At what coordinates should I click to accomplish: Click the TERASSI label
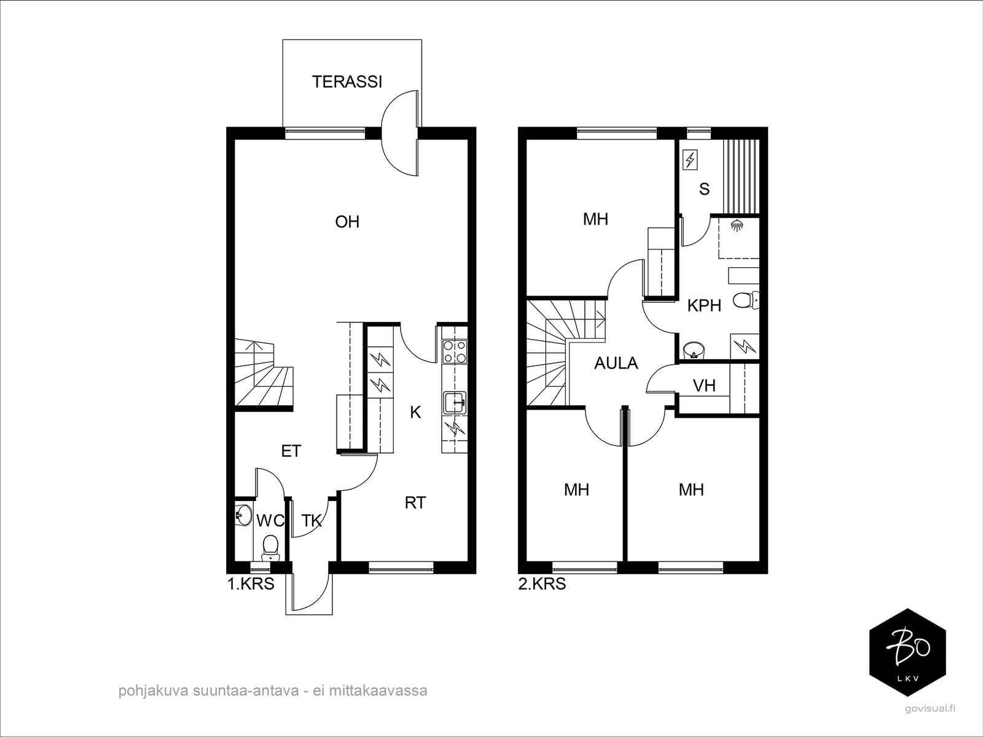(347, 82)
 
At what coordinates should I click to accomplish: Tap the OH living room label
(347, 222)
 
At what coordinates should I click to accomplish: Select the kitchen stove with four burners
(455, 351)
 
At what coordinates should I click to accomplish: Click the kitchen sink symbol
(455, 403)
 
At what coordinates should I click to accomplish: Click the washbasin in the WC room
(243, 515)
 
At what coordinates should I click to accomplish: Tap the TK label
(311, 521)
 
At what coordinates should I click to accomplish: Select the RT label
(415, 503)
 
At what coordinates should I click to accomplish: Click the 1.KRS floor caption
(251, 584)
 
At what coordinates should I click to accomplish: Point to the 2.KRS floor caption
(542, 584)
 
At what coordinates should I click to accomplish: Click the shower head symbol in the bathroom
(735, 225)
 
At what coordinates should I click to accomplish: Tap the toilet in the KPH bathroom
(746, 300)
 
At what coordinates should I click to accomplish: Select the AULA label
(616, 364)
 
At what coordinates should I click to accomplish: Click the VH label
(704, 386)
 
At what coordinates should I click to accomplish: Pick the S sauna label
(704, 189)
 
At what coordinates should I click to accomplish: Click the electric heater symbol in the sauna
(690, 160)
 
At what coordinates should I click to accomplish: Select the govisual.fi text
(929, 722)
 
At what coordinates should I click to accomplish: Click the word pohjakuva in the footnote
(154, 691)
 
